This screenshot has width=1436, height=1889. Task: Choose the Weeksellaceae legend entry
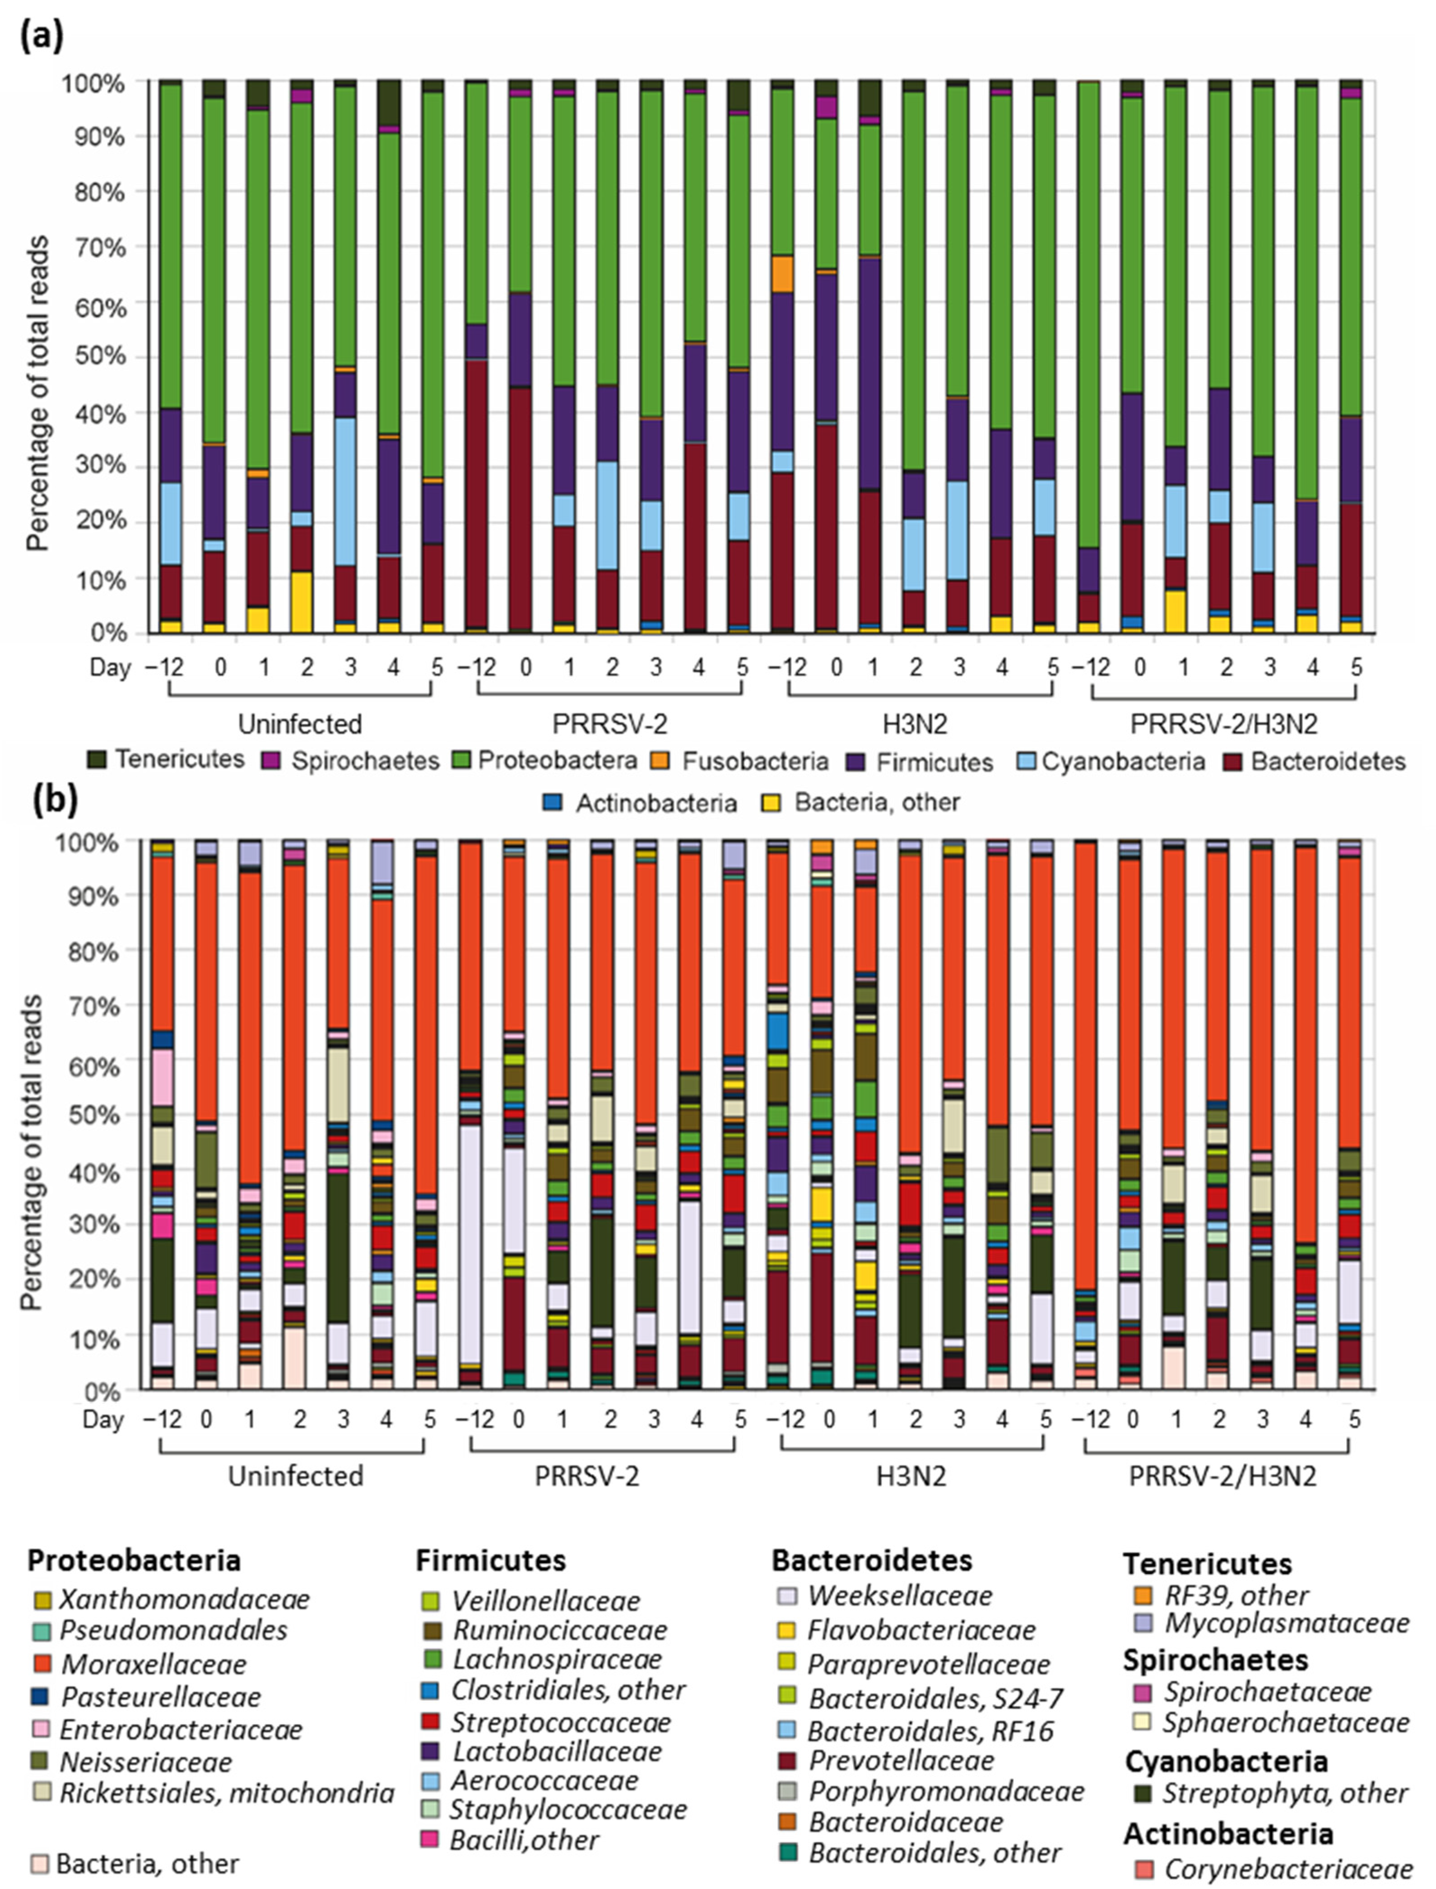(899, 1595)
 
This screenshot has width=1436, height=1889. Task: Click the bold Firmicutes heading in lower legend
(491, 1561)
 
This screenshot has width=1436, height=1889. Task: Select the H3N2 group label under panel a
(915, 724)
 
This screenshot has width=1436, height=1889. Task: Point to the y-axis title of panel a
(37, 393)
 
